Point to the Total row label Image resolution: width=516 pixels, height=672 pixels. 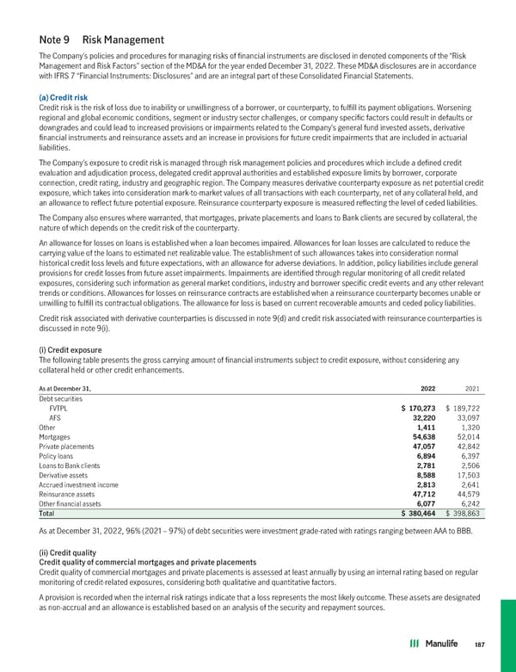[48, 514]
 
